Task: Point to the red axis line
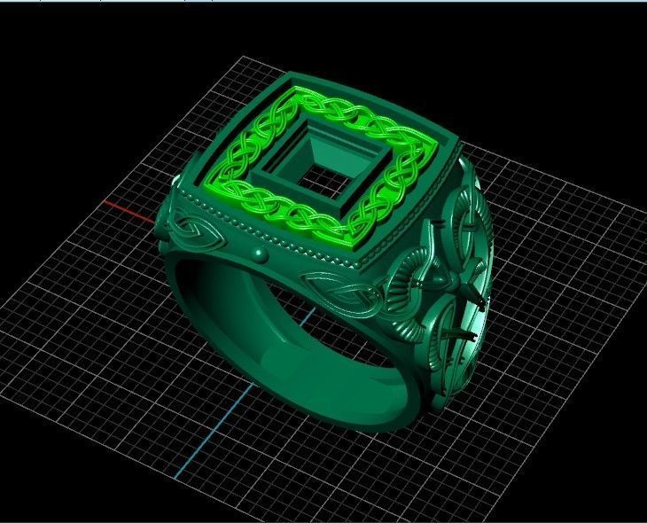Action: click(129, 211)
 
